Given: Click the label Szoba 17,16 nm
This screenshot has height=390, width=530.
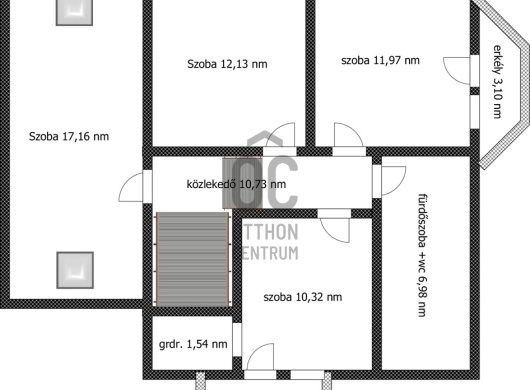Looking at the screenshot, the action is pos(69,137).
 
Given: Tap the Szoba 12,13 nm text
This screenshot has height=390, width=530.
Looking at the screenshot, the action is pos(227,64).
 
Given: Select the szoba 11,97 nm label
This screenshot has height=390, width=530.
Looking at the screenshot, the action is pos(380,60).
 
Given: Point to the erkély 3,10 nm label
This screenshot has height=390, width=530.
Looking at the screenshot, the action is pos(496,82).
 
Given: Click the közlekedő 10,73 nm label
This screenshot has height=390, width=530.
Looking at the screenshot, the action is pos(236,184).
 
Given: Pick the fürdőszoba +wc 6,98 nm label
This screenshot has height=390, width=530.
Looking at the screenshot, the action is pos(423,255).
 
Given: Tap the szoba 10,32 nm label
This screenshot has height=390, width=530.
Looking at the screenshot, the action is pos(303,297).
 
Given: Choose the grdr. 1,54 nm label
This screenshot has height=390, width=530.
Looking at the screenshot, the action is pos(193,344).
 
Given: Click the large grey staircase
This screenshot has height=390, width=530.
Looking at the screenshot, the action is pos(193,259).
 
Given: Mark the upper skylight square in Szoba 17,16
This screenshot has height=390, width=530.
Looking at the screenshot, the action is pos(74,12).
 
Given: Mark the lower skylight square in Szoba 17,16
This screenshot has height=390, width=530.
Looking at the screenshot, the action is pos(75,270).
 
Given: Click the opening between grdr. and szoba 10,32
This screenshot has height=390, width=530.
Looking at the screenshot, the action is pos(237,340).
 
